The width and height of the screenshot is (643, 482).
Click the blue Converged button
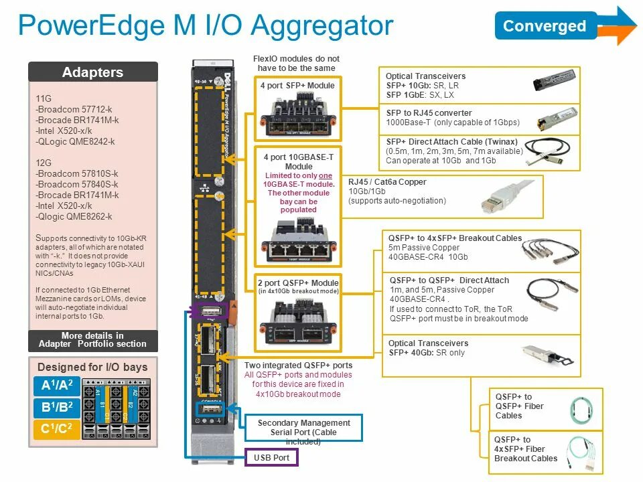click(545, 26)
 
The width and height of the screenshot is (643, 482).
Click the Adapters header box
click(92, 72)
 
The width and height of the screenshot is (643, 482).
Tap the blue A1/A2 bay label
click(56, 386)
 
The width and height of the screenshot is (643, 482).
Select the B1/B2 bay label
click(56, 408)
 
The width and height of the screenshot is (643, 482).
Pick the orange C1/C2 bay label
click(56, 429)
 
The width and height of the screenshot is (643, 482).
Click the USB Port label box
click(272, 458)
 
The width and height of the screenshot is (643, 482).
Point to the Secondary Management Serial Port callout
click(303, 428)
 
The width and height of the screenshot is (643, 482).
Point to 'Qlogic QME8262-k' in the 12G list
click(74, 216)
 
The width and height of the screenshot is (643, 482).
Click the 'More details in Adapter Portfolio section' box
click(92, 340)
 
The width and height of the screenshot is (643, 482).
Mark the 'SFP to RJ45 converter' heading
click(429, 113)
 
